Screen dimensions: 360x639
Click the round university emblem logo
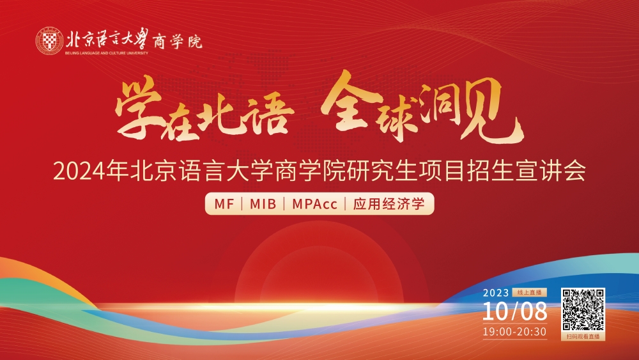click(49, 41)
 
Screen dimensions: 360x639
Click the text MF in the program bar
click(224, 205)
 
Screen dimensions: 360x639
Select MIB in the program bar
click(263, 205)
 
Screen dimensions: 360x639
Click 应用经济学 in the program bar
click(389, 205)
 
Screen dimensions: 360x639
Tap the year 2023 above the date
click(495, 293)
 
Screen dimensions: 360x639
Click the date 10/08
click(515, 311)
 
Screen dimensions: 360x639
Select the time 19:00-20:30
click(514, 331)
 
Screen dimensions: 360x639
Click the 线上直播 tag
click(528, 292)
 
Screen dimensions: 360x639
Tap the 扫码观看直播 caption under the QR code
click(583, 336)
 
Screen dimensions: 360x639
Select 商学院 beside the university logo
click(178, 42)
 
